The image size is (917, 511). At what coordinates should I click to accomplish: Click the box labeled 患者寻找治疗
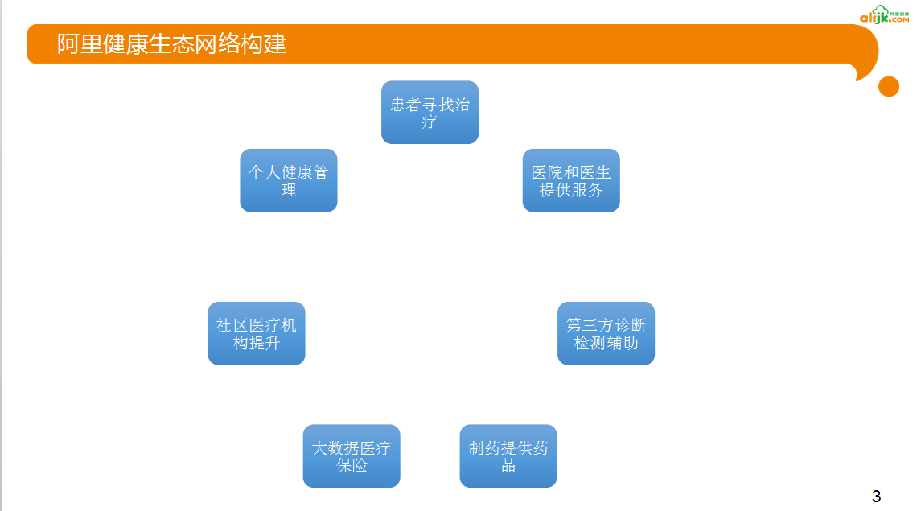[430, 112]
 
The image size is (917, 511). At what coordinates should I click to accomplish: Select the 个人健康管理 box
[288, 180]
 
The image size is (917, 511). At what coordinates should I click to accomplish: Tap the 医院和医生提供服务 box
[571, 180]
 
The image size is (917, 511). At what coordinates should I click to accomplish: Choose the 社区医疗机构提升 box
[256, 333]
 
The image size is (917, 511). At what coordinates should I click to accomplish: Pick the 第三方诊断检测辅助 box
[606, 333]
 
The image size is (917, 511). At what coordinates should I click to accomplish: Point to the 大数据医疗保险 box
[352, 455]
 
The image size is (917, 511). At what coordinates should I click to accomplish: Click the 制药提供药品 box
[508, 455]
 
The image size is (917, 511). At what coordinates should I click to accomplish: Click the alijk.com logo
[884, 16]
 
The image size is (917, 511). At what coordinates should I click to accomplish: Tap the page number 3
[877, 496]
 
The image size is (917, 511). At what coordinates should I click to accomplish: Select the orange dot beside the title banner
[889, 86]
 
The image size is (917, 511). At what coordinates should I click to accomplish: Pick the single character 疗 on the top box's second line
[430, 122]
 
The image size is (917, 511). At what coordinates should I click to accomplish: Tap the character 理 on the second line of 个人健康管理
[289, 191]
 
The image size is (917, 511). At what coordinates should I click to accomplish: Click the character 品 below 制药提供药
[508, 465]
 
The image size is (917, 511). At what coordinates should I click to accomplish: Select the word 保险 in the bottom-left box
[352, 465]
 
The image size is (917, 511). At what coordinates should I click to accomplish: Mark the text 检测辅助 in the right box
[606, 343]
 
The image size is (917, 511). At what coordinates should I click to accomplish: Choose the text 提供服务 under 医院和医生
[571, 191]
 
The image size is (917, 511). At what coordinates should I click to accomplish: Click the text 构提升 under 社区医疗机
[256, 343]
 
